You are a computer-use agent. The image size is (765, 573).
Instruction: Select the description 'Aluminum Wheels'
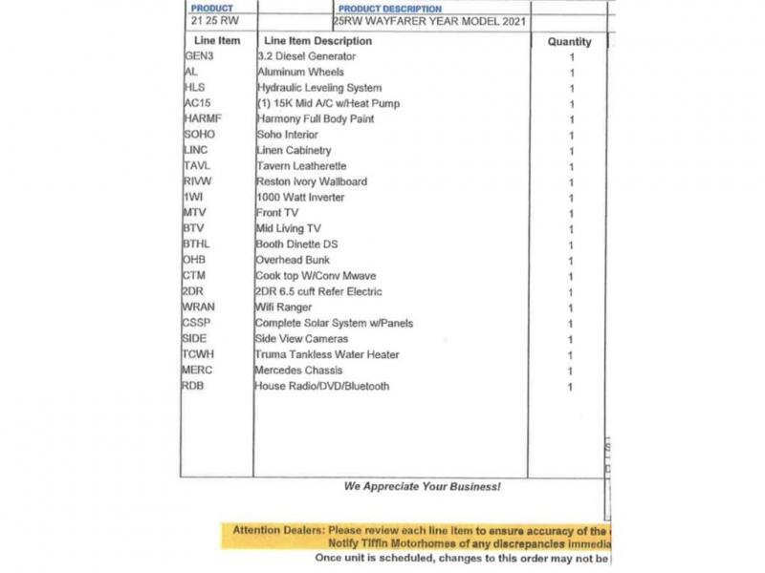point(300,73)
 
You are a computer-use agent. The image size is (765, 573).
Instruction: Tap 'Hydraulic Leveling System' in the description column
point(318,88)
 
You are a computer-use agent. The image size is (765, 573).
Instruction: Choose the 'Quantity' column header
point(569,42)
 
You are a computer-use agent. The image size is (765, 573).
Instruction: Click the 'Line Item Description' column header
point(317,42)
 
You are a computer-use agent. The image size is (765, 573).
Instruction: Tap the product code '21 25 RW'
point(214,20)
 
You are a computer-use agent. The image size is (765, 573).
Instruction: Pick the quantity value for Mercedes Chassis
point(571,371)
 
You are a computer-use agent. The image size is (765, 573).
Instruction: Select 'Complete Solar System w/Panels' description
point(334,323)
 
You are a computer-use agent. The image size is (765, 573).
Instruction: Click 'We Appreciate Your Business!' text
point(422,487)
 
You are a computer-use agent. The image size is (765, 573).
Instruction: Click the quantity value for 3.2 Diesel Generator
point(571,57)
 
